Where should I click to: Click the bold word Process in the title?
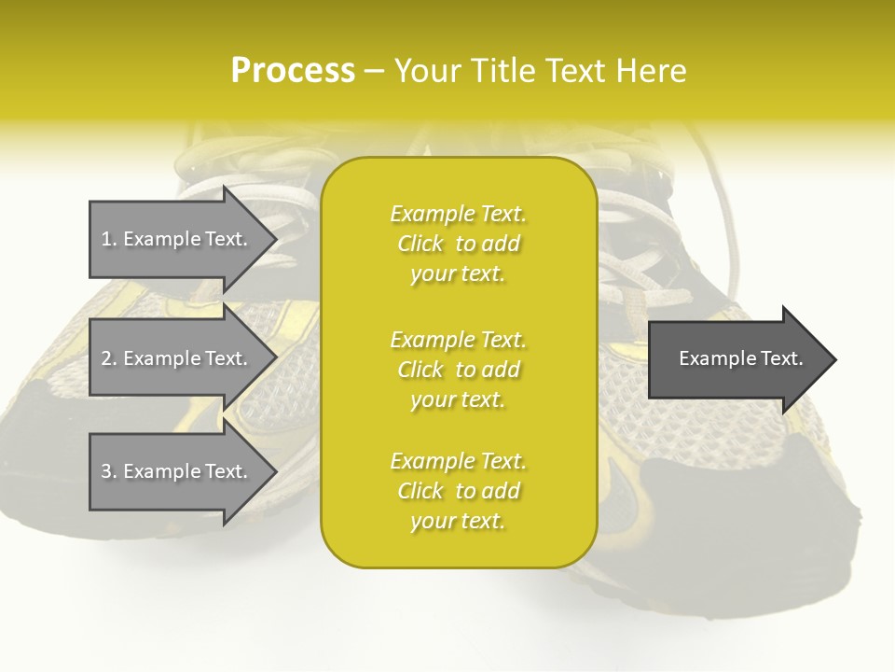click(293, 71)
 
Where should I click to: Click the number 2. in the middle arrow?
click(109, 358)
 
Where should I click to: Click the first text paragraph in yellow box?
click(458, 244)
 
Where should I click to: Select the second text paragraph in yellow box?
click(458, 370)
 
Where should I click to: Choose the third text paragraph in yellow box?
click(458, 491)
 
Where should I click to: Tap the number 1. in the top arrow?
click(109, 239)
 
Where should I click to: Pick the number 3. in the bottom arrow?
click(109, 471)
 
